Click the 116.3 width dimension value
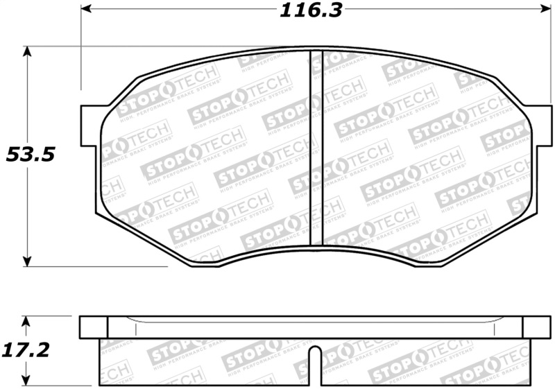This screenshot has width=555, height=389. tap(311, 10)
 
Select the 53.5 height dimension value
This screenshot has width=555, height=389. tap(30, 154)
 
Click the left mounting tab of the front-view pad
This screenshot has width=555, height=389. tap(90, 126)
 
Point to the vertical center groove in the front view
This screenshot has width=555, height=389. tap(316, 149)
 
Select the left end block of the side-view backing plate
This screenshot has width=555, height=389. tap(93, 327)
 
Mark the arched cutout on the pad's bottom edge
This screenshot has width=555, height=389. tap(316, 251)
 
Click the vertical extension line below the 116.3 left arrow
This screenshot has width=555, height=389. tap(81, 55)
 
